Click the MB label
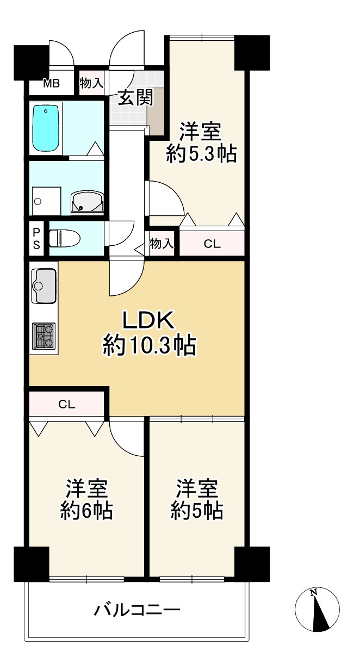click(x=52, y=84)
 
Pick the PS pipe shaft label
click(x=36, y=239)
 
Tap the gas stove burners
click(x=44, y=335)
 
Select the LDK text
click(x=148, y=321)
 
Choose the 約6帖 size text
click(x=87, y=511)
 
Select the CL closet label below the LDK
click(x=66, y=404)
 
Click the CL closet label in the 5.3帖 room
click(x=212, y=244)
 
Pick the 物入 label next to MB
click(x=91, y=83)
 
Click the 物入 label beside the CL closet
click(x=162, y=244)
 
